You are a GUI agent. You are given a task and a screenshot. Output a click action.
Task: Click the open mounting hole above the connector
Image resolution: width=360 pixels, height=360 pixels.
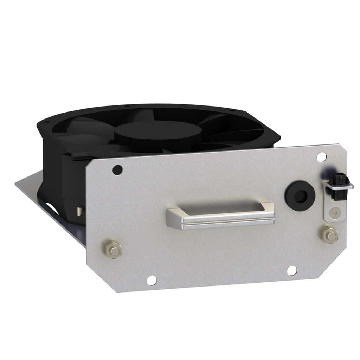[321, 157]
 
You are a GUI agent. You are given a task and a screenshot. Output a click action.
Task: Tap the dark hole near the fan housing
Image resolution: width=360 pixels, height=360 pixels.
[117, 170]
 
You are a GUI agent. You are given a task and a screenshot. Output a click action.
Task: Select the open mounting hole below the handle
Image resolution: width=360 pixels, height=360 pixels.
[291, 270]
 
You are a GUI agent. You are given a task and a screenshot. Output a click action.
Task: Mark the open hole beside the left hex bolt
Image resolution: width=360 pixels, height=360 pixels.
[152, 280]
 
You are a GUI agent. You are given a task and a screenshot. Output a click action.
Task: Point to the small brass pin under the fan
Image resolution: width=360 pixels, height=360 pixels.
[79, 211]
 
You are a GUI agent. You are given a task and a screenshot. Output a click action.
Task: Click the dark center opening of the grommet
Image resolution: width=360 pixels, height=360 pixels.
[300, 195]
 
